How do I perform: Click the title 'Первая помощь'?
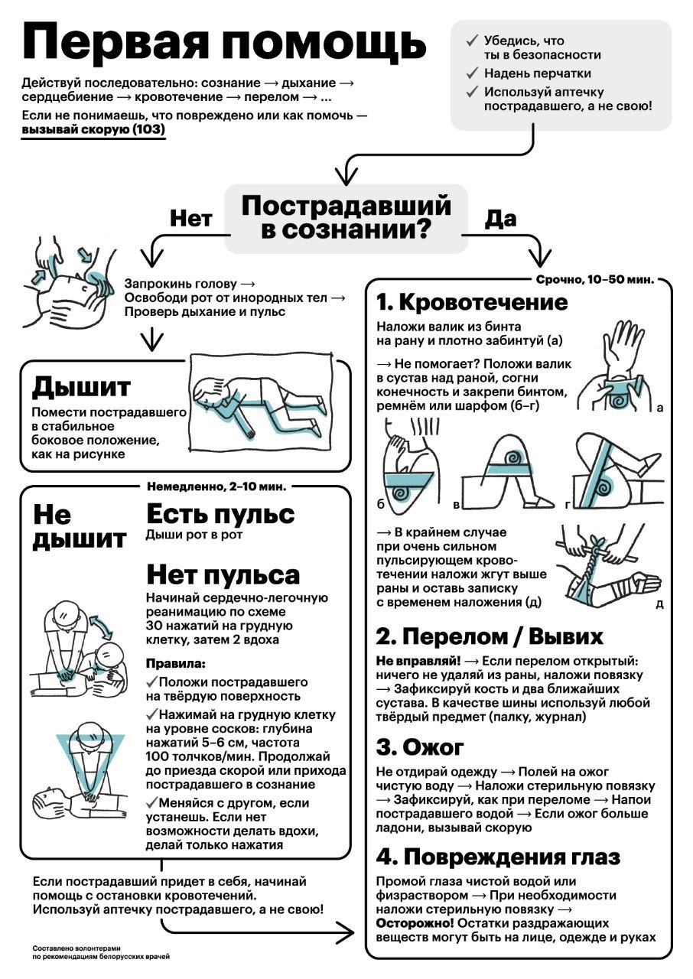click(223, 42)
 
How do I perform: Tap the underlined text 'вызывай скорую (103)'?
click(93, 130)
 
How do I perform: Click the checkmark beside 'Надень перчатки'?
click(472, 73)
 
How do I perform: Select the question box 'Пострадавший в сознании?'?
click(346, 218)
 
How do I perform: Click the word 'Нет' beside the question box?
click(191, 218)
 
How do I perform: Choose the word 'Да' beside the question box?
click(501, 218)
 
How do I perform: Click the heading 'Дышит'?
click(81, 387)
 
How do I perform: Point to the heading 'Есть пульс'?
click(220, 513)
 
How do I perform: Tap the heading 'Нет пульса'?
click(223, 574)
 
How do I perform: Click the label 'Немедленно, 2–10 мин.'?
click(216, 487)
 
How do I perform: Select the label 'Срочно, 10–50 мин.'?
click(594, 280)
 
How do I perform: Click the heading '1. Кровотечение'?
click(473, 302)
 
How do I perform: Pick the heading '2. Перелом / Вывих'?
click(490, 636)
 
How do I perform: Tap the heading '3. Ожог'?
click(419, 747)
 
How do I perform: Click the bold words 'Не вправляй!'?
click(418, 662)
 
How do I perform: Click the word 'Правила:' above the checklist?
click(176, 663)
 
